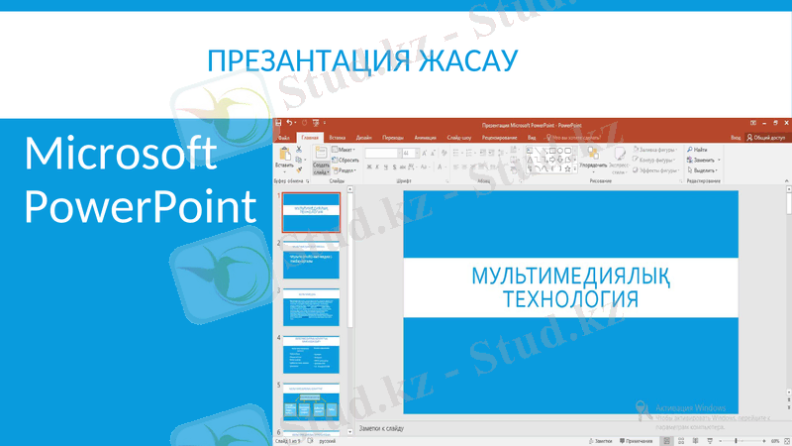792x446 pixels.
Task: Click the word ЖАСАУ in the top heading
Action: pyautogui.click(x=468, y=60)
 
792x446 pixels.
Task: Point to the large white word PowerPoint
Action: pyautogui.click(x=139, y=209)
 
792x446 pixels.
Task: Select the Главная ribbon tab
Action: pyautogui.click(x=311, y=138)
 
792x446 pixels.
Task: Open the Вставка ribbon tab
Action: pyautogui.click(x=338, y=138)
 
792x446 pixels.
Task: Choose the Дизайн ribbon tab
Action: pyautogui.click(x=364, y=138)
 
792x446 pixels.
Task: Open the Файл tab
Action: pyautogui.click(x=284, y=138)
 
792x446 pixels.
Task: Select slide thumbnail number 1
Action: pyautogui.click(x=311, y=212)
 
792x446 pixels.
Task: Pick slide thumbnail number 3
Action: pyautogui.click(x=311, y=307)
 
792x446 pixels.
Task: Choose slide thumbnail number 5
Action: pyautogui.click(x=311, y=402)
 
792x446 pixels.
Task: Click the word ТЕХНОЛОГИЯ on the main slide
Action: pyautogui.click(x=569, y=298)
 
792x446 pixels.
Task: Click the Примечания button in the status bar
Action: pyautogui.click(x=639, y=441)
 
